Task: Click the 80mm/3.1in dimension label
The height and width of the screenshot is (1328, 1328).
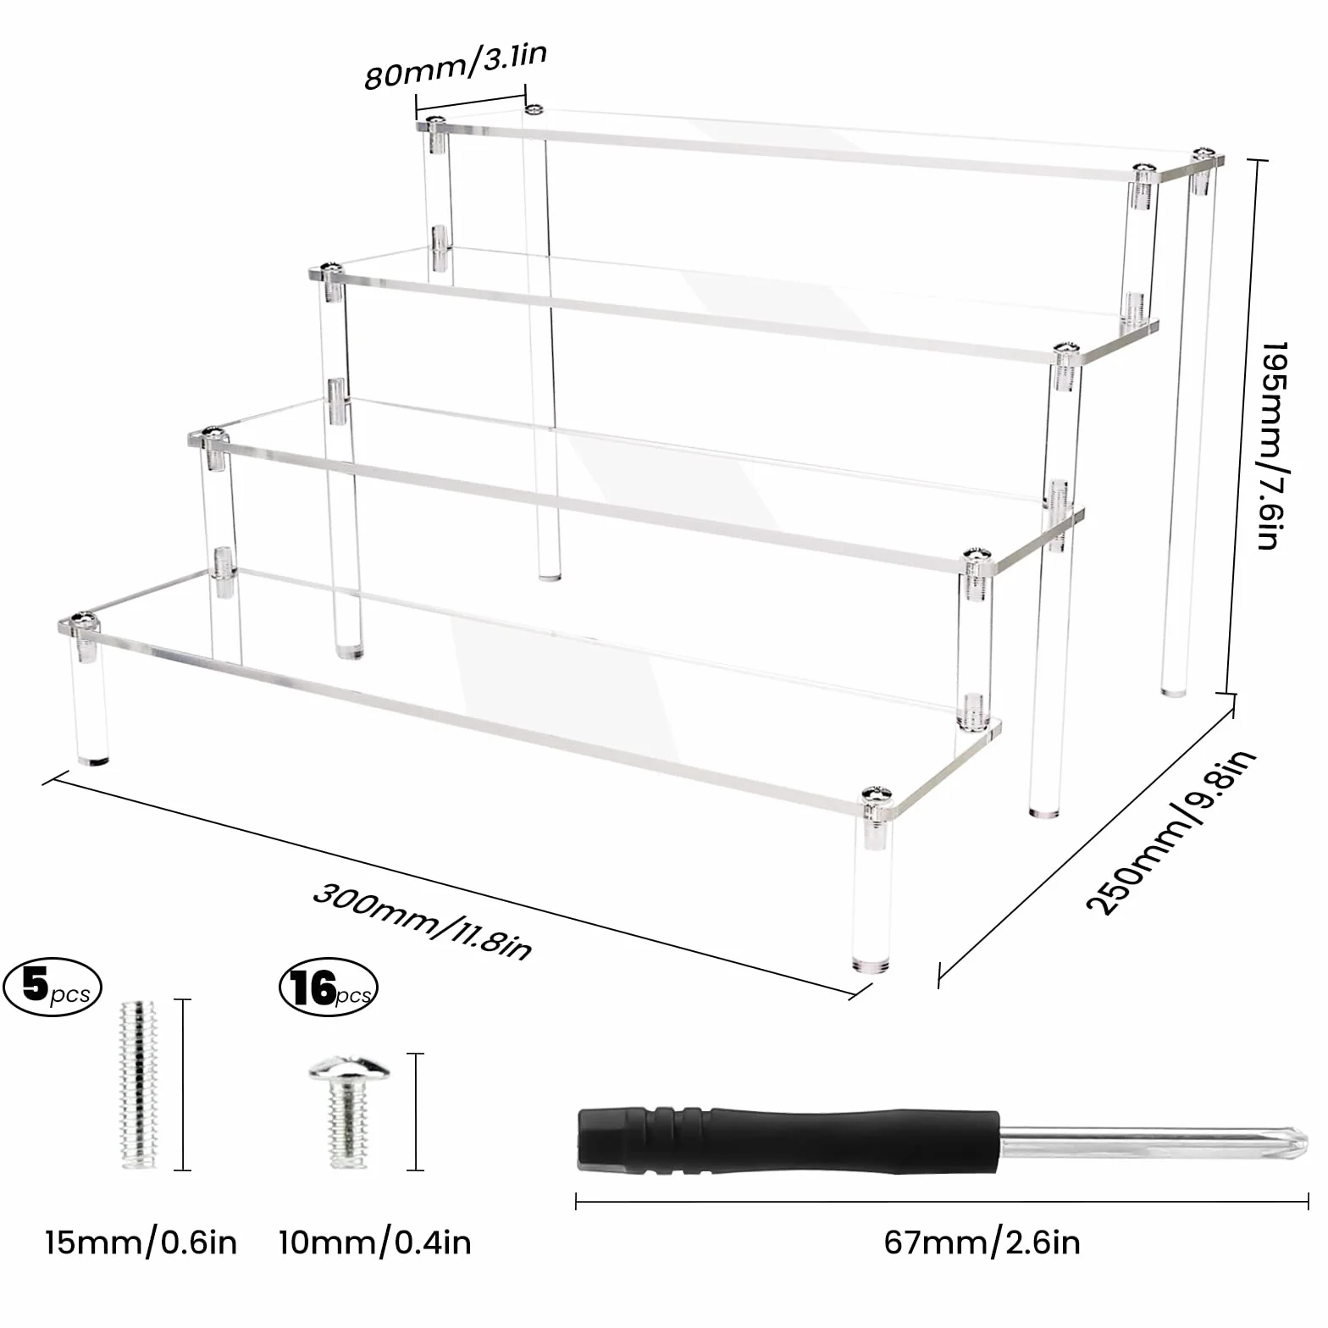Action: [x=456, y=65]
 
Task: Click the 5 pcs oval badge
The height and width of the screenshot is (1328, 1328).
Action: [x=53, y=987]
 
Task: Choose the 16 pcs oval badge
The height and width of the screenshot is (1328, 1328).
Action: [x=329, y=987]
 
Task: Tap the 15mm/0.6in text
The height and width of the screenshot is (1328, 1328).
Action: [x=141, y=1242]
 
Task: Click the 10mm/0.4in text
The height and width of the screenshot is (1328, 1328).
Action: [x=374, y=1242]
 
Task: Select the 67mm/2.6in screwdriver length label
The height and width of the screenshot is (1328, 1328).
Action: [x=982, y=1242]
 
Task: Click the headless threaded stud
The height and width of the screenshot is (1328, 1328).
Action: [x=141, y=1085]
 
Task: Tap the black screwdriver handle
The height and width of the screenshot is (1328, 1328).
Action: [x=788, y=1140]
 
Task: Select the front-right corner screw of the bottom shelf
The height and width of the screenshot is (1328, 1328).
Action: [x=877, y=796]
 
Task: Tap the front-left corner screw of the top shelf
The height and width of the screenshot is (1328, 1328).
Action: [x=437, y=124]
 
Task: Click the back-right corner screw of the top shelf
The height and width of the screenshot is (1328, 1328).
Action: [x=1203, y=155]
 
